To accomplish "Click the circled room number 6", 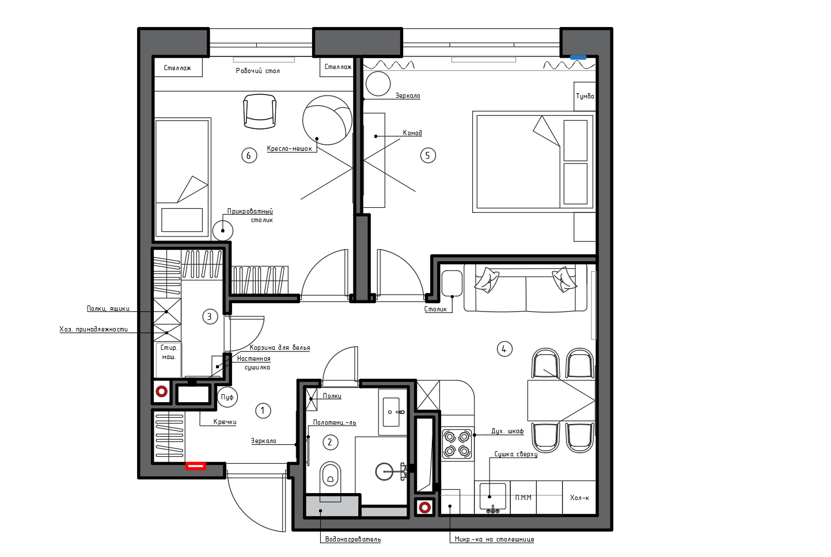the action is pyautogui.click(x=249, y=155).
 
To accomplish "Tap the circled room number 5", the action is pyautogui.click(x=428, y=155).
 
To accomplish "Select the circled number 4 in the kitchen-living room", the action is pyautogui.click(x=504, y=349).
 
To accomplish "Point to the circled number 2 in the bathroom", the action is pyautogui.click(x=330, y=442).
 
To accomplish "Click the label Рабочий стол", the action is pyautogui.click(x=258, y=71).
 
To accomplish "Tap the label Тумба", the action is pyautogui.click(x=585, y=96).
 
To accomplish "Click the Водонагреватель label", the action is pyautogui.click(x=353, y=539).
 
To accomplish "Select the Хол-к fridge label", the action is pyautogui.click(x=579, y=498).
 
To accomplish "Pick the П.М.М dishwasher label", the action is pyautogui.click(x=523, y=498).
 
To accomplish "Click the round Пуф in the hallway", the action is pyautogui.click(x=227, y=397).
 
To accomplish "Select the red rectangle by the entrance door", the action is pyautogui.click(x=195, y=466).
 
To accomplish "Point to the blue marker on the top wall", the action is pyautogui.click(x=578, y=58).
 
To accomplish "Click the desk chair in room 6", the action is pyautogui.click(x=260, y=112).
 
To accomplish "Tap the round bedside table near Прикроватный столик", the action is pyautogui.click(x=223, y=231).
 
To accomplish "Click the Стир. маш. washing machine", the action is pyautogui.click(x=169, y=360).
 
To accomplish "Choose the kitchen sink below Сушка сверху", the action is pyautogui.click(x=492, y=497).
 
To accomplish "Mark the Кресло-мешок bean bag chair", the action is pyautogui.click(x=327, y=120).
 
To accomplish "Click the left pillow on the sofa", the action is pyautogui.click(x=487, y=280).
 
